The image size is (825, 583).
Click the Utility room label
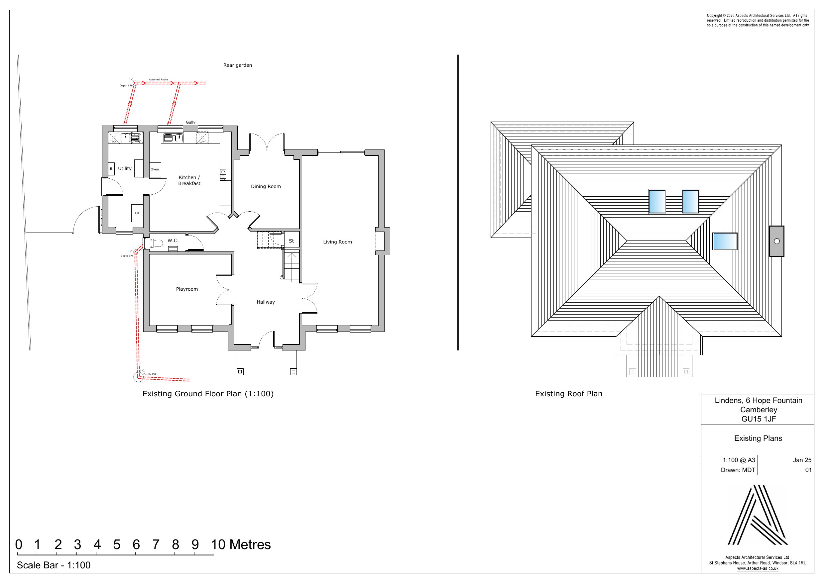coord(125,168)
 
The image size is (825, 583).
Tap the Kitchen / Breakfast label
coord(189,180)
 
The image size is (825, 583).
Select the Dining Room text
coord(266,186)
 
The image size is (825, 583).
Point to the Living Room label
coord(337,242)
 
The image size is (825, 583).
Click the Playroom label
coord(187,289)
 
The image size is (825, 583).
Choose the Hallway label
coord(266,302)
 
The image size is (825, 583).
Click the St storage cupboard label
coord(292,241)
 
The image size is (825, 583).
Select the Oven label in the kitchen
coord(155,169)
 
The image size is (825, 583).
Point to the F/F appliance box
coord(137,213)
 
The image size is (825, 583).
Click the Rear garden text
coord(238,65)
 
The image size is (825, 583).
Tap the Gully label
coord(190,122)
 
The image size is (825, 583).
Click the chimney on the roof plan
coord(776,241)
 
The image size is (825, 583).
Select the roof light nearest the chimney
coord(725,241)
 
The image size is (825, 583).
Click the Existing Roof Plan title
coord(568,394)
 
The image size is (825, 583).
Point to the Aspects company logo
coord(758,515)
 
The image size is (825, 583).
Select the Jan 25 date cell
coord(802,460)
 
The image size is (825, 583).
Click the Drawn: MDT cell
coord(738,470)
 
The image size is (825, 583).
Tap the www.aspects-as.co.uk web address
coord(758,569)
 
